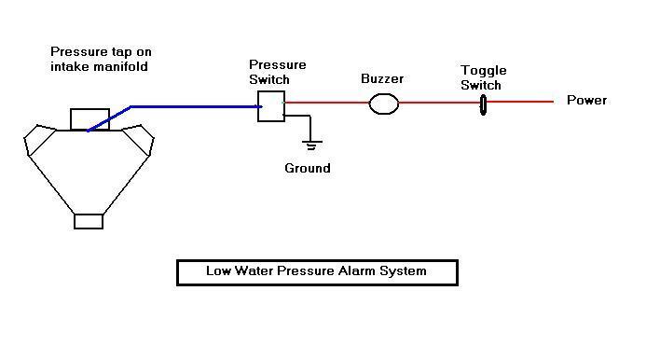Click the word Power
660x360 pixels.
tap(586, 100)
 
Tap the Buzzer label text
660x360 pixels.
tap(382, 78)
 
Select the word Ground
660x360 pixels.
tap(308, 168)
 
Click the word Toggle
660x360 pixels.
tap(483, 71)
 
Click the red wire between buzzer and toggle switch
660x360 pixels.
tap(439, 103)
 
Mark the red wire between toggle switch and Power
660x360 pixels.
tap(520, 102)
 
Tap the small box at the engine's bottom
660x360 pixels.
tap(89, 221)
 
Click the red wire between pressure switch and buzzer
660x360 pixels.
tap(327, 103)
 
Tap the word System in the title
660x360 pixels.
tap(403, 270)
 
